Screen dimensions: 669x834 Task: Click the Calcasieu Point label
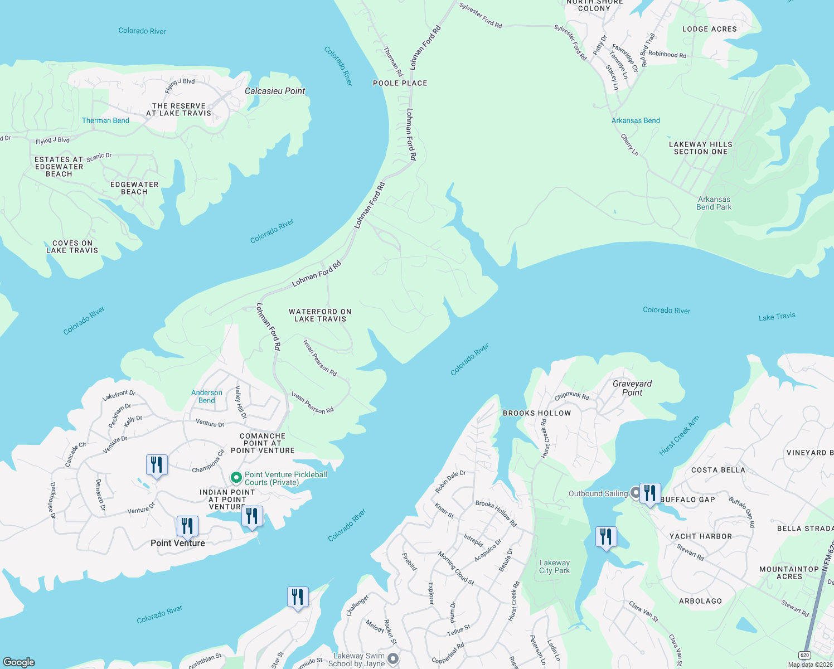tap(275, 91)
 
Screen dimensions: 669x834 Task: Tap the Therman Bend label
tap(105, 120)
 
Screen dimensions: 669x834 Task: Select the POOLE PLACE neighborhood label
tap(400, 83)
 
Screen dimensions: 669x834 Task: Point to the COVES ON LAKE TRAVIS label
tap(72, 247)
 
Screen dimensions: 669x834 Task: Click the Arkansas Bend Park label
tap(714, 203)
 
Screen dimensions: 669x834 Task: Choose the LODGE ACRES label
tap(709, 29)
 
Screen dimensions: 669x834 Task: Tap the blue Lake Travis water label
tap(777, 317)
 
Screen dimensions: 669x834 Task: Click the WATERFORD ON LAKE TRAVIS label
tap(320, 316)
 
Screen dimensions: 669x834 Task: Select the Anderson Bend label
tap(207, 396)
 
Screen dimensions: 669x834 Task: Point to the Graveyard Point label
tap(632, 388)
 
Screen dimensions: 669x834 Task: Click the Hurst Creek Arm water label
tap(678, 435)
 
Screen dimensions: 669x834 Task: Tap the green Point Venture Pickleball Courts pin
tap(236, 478)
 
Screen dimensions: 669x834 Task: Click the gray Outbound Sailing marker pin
tap(635, 492)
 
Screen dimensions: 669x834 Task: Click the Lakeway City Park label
tap(554, 566)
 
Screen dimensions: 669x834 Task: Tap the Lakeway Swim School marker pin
tap(393, 658)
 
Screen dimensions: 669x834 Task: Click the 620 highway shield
tap(804, 655)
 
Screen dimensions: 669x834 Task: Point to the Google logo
tap(19, 662)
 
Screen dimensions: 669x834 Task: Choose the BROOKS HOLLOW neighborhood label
tap(537, 413)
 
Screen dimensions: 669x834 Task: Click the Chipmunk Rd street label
tap(571, 396)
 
